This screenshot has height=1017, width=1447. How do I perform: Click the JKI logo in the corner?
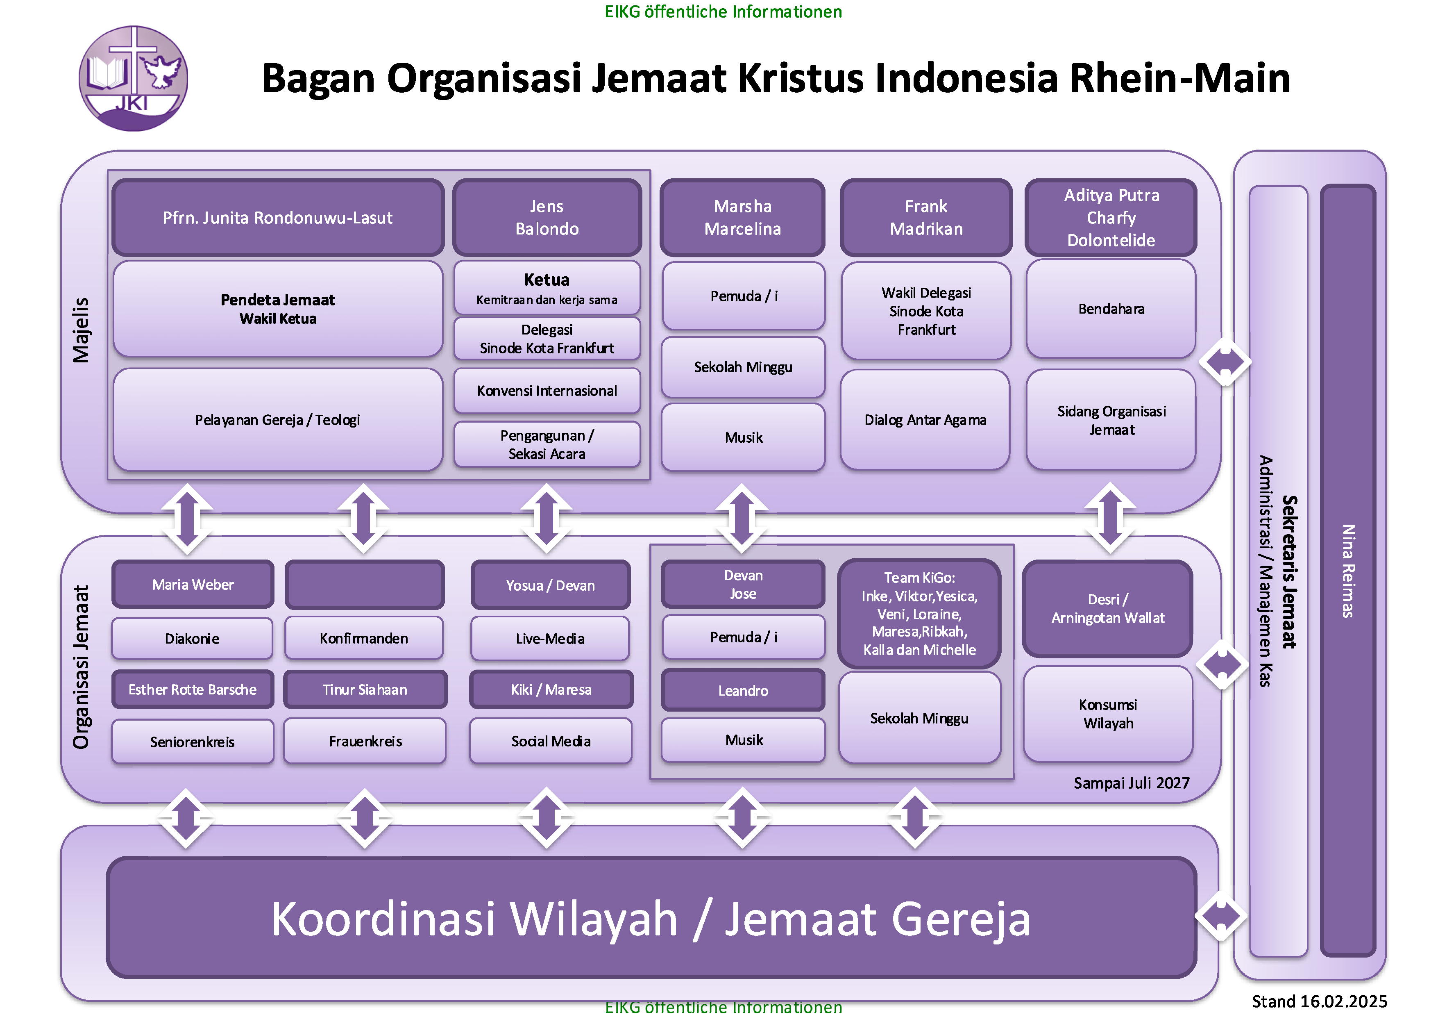tap(133, 78)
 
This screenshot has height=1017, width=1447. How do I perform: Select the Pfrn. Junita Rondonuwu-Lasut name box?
tap(277, 218)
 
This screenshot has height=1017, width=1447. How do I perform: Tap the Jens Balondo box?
tap(547, 218)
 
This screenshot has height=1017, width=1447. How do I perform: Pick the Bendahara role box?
tap(1111, 309)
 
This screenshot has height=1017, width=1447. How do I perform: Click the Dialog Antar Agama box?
tap(925, 420)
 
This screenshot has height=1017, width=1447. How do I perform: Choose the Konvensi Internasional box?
tap(547, 391)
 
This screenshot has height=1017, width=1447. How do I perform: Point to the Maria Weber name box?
tap(193, 585)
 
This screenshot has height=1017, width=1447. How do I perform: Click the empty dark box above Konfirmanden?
tap(364, 585)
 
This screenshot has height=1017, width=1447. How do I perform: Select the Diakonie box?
tap(192, 639)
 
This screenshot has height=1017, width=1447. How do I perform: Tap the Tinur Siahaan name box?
tap(365, 690)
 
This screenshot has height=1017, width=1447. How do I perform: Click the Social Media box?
tap(551, 742)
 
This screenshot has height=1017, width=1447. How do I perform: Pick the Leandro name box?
tap(743, 690)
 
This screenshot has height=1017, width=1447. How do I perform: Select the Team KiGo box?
tap(919, 614)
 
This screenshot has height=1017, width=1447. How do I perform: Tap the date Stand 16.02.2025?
tap(1319, 1001)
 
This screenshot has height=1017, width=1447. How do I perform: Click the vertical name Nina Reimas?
tap(1347, 571)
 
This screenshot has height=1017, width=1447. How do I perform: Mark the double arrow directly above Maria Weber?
tap(187, 518)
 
